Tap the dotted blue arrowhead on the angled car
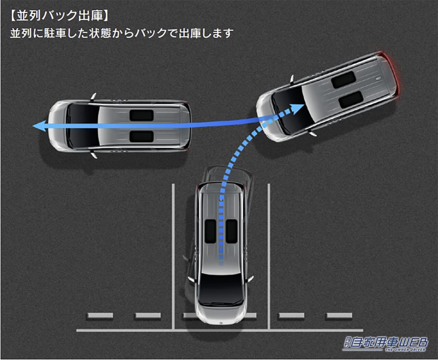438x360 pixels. (298, 107)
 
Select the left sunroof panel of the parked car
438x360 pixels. (210, 231)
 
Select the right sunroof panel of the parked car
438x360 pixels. (231, 231)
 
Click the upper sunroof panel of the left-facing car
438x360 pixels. (141, 115)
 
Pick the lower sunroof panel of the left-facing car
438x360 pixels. (141, 136)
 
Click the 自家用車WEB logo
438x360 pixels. (385, 343)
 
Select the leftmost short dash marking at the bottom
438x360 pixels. (100, 315)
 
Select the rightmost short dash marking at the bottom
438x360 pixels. (339, 315)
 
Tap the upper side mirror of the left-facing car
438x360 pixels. (93, 97)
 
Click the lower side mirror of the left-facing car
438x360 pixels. (93, 155)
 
